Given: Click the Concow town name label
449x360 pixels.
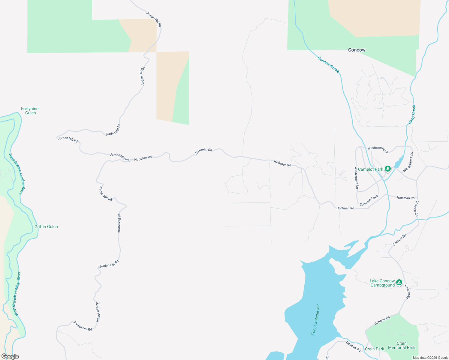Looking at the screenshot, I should coord(357,50).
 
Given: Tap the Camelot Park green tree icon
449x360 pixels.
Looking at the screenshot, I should coord(388,169).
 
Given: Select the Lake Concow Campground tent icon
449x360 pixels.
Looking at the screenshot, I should coord(399,283).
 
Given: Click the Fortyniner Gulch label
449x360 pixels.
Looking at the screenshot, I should coord(30,111).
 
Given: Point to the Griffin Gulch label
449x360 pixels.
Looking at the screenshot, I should coord(46,226).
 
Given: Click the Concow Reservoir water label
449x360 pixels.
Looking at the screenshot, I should coord(315,320).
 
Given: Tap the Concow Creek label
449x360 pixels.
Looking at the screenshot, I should coord(328,64).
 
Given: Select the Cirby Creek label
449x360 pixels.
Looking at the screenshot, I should coord(412,114).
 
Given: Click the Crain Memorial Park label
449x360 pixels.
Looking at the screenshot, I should coord(402,345).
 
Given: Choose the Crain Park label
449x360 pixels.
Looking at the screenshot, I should coord(374,349).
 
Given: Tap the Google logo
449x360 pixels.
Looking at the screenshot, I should coord(10,356).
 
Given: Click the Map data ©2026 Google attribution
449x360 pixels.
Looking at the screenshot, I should coord(430,358).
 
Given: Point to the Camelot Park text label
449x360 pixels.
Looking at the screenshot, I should coord(370,169).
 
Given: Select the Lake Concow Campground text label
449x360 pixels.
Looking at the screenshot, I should coord(382,283).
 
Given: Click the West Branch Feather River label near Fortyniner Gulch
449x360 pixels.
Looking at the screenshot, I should coord(16,174).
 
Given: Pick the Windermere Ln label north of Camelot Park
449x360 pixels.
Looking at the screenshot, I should coord(378,149).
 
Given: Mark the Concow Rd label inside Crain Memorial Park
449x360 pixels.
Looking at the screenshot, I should coord(382,320).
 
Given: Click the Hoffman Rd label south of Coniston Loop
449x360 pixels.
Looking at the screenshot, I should coord(345,208).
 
